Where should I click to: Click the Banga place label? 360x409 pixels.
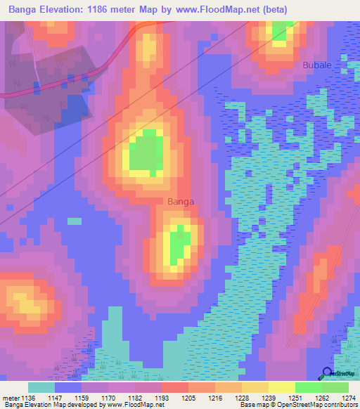[181, 202]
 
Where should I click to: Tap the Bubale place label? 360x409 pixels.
[317, 65]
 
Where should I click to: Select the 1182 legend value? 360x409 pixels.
[136, 398]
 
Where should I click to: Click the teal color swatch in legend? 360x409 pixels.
[41, 387]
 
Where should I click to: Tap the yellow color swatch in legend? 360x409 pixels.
[281, 387]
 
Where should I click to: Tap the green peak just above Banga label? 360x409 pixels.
[148, 152]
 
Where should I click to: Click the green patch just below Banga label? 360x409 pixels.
[178, 244]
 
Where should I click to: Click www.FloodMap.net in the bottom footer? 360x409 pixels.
[141, 405]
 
